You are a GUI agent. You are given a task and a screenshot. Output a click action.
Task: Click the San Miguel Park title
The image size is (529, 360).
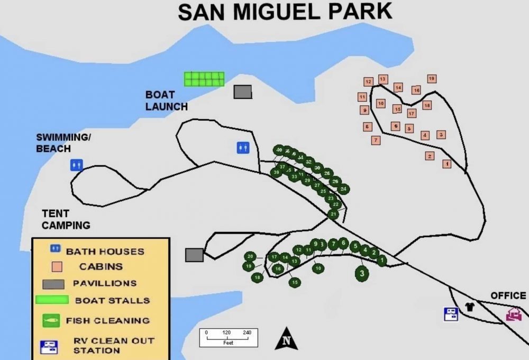285,12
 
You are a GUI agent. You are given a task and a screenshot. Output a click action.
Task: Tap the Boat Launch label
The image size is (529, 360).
166,101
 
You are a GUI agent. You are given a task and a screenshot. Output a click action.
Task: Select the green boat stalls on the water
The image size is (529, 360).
204,79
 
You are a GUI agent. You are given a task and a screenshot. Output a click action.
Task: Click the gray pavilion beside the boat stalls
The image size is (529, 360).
243,92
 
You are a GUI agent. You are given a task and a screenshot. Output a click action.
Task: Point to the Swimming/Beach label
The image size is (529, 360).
63,143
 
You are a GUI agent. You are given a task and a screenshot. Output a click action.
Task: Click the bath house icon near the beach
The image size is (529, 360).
77,165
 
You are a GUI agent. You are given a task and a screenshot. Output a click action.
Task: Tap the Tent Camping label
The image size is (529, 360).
66,219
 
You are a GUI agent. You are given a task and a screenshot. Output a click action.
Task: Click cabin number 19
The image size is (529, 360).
432,78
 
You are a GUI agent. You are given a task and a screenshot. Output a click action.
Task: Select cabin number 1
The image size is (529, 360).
447,164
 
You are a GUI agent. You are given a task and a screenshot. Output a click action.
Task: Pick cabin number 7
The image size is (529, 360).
376,140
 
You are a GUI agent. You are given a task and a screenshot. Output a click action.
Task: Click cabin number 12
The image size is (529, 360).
368,82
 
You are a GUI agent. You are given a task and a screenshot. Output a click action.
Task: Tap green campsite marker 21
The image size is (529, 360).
333,214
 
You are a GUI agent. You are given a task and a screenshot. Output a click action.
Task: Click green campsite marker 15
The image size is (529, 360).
295,282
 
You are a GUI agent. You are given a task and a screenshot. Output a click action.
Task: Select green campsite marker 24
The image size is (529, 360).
343,188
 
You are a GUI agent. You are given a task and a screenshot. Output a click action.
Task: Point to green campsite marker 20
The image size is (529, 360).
251,256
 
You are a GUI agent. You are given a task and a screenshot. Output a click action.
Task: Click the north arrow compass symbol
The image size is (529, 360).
286,339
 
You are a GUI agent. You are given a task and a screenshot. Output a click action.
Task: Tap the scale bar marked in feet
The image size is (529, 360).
229,337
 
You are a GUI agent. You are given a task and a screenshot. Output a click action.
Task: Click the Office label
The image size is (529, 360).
508,295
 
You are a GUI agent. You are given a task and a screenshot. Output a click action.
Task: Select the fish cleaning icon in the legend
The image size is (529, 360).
51,320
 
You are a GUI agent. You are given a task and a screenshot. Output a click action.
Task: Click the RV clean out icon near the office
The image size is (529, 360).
451,314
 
